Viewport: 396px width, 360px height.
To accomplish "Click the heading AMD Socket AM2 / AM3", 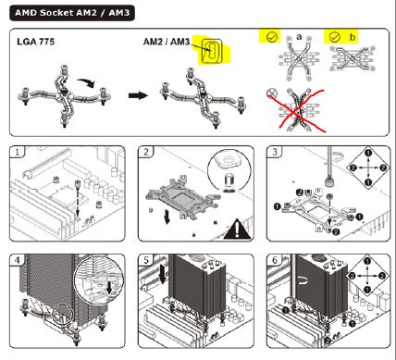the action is tap(72, 13).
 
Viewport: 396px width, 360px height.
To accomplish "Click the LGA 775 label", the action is tap(36, 42).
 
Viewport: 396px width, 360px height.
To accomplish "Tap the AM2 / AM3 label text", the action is tap(167, 42).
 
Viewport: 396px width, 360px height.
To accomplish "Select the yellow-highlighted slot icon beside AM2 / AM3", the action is tap(212, 50).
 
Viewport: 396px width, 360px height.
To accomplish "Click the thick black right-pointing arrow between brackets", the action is tap(138, 95).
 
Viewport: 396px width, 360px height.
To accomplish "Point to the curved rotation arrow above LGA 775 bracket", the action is tap(87, 82).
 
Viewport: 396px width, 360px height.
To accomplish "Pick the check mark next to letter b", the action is tap(334, 37).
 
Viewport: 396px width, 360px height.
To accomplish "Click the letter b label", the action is tap(353, 37).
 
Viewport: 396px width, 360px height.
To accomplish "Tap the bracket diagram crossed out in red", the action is tap(297, 110).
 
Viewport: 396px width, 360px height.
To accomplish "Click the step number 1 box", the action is tap(17, 152).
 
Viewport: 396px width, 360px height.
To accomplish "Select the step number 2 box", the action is tap(146, 152).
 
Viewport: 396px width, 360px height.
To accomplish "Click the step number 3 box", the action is tap(275, 152).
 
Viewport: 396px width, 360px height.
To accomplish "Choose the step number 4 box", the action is tap(17, 260).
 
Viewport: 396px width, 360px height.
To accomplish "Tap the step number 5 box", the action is tap(146, 260).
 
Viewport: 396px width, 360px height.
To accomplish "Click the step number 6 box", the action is tap(275, 260).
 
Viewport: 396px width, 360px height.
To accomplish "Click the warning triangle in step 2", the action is tap(237, 229).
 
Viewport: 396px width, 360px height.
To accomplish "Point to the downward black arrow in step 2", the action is tap(167, 217).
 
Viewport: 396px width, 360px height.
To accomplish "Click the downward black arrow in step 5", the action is tap(163, 276).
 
